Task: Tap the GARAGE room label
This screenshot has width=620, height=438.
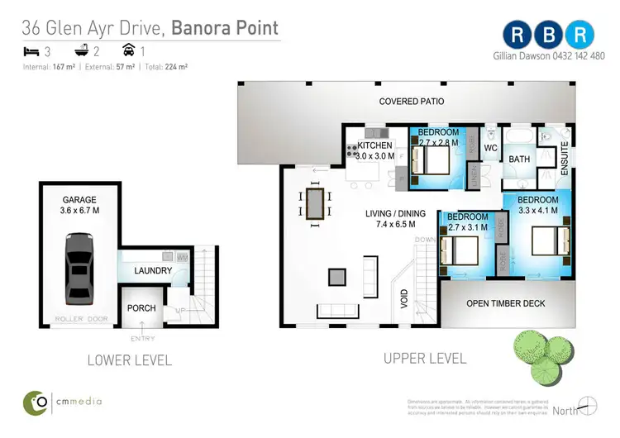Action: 80,200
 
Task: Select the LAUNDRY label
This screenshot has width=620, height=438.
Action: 153,270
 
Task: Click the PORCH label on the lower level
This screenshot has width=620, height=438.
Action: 141,308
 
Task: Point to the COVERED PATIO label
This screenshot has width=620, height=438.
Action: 411,102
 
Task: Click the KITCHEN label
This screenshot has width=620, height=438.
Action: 374,146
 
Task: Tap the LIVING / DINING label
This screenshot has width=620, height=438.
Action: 396,213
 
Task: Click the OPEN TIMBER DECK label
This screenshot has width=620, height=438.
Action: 506,303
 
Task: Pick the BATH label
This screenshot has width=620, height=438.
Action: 519,159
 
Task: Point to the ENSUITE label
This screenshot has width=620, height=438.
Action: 565,156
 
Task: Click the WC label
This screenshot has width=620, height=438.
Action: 489,149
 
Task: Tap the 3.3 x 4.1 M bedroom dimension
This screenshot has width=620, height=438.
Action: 537,210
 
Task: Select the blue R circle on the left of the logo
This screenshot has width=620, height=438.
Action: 517,34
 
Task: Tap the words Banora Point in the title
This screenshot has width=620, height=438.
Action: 226,28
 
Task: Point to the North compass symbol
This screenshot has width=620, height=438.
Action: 588,406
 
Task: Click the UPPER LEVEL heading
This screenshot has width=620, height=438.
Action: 425,359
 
